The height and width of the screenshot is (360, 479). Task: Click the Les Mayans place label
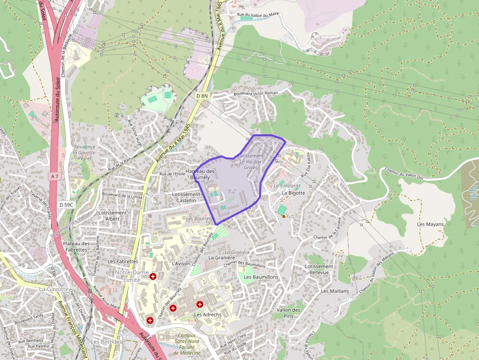(x=430, y=224)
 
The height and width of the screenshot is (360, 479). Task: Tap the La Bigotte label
(x=293, y=193)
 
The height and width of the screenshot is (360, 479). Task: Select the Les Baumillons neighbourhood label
(x=261, y=277)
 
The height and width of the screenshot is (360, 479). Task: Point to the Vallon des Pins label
(x=288, y=313)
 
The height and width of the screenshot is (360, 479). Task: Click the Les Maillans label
(x=335, y=291)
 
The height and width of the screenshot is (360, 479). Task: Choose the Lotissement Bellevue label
(x=319, y=270)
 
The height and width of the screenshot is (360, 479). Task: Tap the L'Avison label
(x=181, y=264)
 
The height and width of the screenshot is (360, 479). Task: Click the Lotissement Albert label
(x=112, y=216)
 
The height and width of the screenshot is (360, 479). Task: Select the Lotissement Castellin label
(x=186, y=197)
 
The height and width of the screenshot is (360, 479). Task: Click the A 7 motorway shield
(x=54, y=176)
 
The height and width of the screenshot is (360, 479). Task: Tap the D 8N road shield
(x=202, y=96)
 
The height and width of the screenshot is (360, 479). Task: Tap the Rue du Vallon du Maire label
(x=258, y=15)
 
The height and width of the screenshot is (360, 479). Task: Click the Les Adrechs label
(x=208, y=315)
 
